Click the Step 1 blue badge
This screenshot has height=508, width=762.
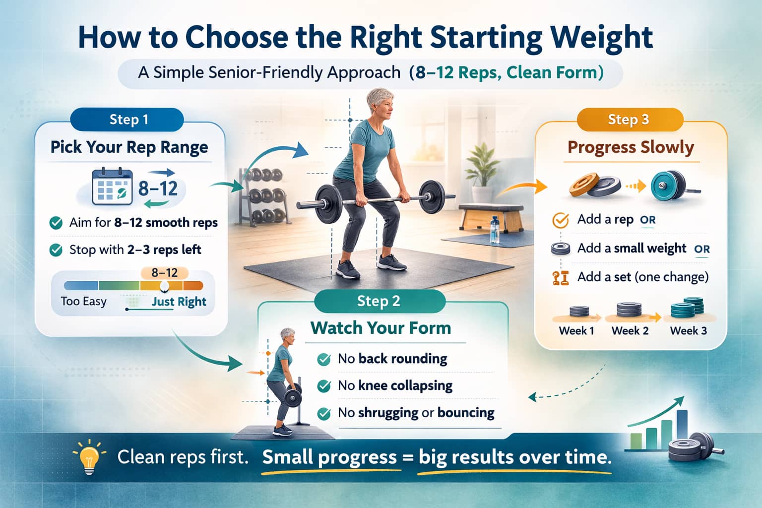(127, 120)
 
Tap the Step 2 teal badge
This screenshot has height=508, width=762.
(380, 301)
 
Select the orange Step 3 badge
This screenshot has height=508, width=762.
(630, 120)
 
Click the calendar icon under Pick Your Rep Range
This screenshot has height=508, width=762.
(112, 187)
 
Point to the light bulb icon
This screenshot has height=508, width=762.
(89, 457)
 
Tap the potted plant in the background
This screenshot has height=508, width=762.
(482, 174)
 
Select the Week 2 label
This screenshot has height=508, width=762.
(630, 330)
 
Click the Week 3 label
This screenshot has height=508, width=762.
(689, 330)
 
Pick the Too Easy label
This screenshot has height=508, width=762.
(84, 302)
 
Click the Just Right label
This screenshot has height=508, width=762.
(179, 302)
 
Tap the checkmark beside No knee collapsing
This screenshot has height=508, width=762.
(324, 386)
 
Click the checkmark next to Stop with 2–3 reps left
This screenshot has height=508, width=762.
(56, 250)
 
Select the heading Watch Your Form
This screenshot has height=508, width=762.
(381, 328)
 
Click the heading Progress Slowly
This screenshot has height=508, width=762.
(631, 148)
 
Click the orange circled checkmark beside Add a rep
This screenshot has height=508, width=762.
(561, 220)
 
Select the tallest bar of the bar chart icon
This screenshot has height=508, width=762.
(682, 430)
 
